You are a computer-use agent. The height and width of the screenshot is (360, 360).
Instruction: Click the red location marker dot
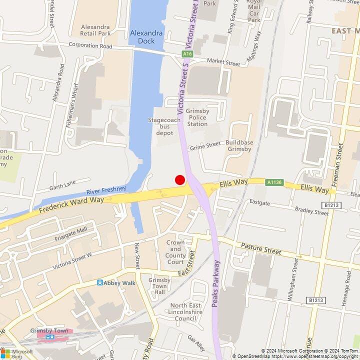click(x=179, y=180)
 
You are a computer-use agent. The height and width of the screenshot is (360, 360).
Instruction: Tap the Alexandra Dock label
click(x=146, y=37)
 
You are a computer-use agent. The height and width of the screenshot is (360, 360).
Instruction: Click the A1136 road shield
click(x=274, y=183)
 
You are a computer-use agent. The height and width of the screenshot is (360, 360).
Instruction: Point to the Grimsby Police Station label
click(x=196, y=117)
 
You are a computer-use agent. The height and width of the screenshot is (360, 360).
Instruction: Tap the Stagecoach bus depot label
click(x=160, y=126)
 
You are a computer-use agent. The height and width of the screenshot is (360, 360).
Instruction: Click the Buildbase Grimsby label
click(x=239, y=146)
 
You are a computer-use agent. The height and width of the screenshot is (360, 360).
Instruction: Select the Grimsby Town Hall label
click(x=159, y=286)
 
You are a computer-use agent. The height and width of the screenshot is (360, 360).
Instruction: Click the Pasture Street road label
click(x=258, y=247)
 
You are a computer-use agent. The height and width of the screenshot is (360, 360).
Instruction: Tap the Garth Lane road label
click(x=62, y=185)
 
